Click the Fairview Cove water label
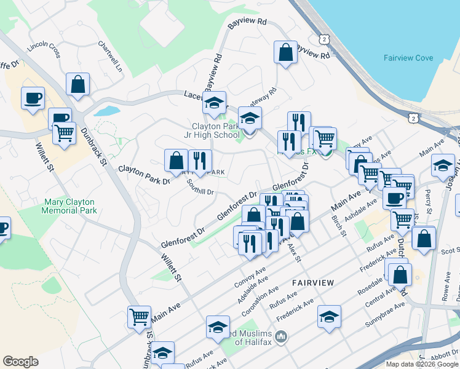click(408, 58)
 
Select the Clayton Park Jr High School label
click(215, 130)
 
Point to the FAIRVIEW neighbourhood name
click(313, 282)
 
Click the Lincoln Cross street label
click(44, 49)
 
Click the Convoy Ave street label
click(250, 277)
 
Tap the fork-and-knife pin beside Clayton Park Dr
click(200, 161)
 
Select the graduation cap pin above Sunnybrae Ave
click(330, 317)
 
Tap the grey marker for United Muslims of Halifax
click(282, 336)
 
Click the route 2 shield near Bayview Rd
click(323, 39)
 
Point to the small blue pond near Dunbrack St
click(105, 112)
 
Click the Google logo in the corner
click(20, 362)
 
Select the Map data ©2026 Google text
click(421, 364)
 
